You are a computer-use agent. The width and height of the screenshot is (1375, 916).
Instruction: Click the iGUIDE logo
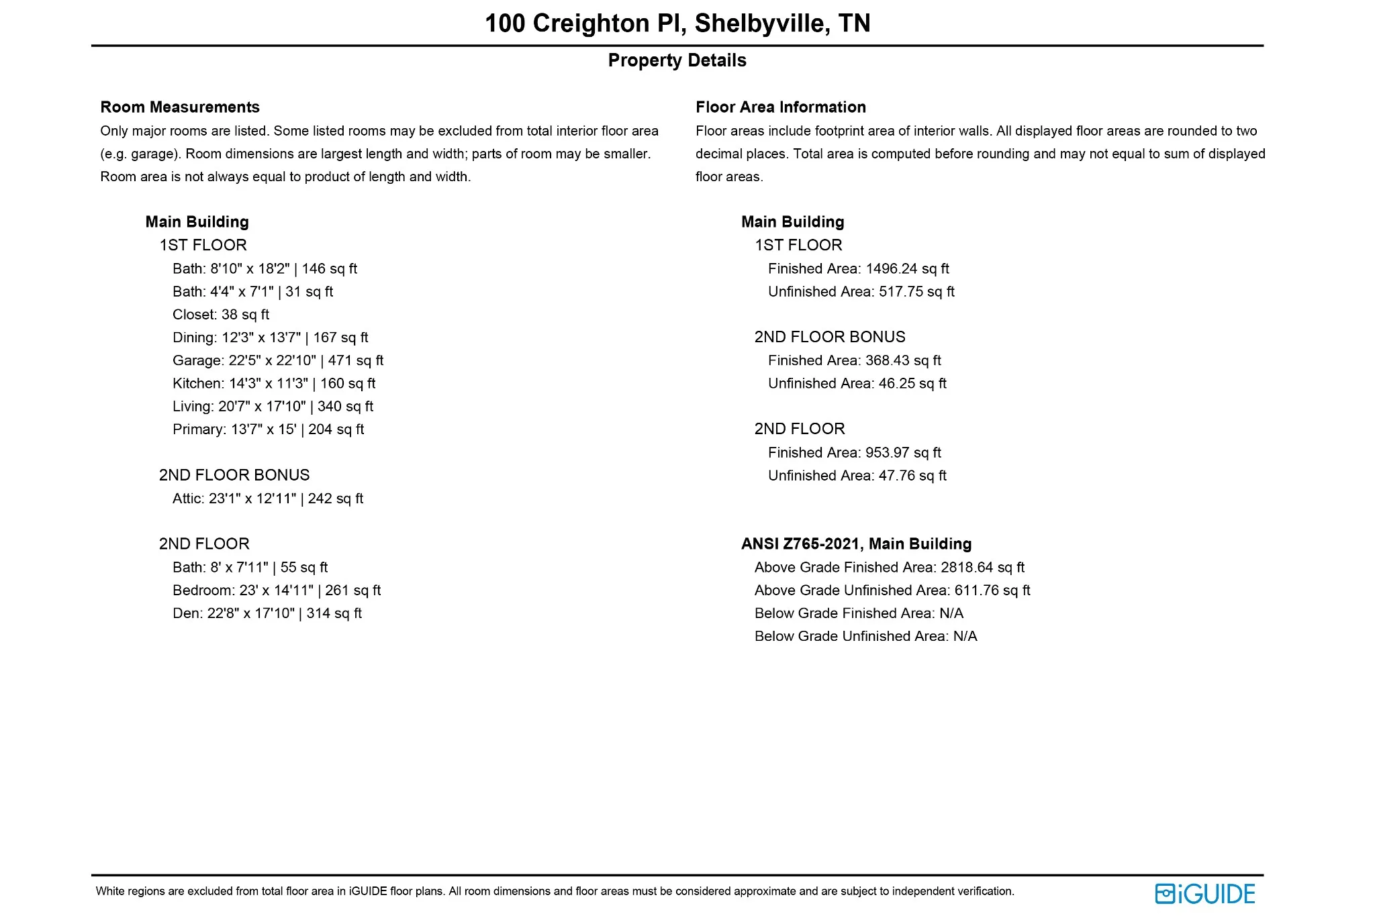pyautogui.click(x=1204, y=894)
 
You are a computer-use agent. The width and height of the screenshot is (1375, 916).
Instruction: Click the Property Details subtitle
pyautogui.click(x=677, y=60)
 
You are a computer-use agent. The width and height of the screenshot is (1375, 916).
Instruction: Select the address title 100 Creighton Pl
pyautogui.click(x=677, y=23)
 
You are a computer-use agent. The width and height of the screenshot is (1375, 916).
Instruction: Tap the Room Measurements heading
pyautogui.click(x=180, y=107)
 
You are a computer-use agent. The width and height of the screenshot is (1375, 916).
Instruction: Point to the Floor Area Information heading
pyautogui.click(x=780, y=107)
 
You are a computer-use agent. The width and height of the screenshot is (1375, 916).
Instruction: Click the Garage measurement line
pyautogui.click(x=278, y=360)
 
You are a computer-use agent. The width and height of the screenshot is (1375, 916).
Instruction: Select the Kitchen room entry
pyautogui.click(x=274, y=383)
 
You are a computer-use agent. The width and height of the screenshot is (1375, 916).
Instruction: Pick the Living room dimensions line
pyautogui.click(x=273, y=407)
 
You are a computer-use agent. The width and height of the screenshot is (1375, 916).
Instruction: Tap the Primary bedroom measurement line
pyautogui.click(x=268, y=429)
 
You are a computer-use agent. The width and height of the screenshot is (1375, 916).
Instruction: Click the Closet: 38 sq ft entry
pyautogui.click(x=221, y=315)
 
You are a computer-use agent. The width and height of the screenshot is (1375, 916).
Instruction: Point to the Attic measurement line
pyautogui.click(x=268, y=499)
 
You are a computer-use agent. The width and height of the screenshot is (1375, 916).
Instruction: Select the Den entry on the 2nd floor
pyautogui.click(x=267, y=613)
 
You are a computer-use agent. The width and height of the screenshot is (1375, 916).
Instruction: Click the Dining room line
pyautogui.click(x=271, y=338)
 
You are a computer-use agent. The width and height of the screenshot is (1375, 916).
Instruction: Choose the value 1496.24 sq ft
pyautogui.click(x=907, y=269)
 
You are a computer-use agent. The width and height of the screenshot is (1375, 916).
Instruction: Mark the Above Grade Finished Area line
pyautogui.click(x=889, y=568)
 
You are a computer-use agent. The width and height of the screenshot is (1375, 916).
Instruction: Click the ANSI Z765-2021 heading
pyautogui.click(x=856, y=544)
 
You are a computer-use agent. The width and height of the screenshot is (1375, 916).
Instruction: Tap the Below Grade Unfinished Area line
pyautogui.click(x=865, y=636)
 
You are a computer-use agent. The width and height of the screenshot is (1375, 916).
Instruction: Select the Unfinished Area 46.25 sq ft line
pyautogui.click(x=857, y=384)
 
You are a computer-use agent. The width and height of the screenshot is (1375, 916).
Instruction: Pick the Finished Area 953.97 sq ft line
pyautogui.click(x=854, y=453)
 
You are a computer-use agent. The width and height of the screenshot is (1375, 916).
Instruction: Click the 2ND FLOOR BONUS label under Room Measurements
pyautogui.click(x=234, y=475)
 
